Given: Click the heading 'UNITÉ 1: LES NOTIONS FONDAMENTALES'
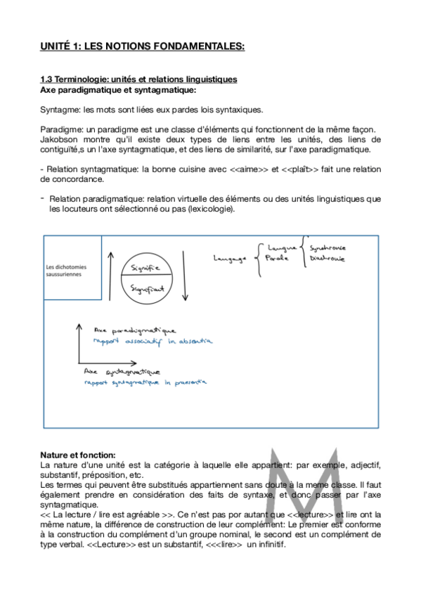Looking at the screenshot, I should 142,47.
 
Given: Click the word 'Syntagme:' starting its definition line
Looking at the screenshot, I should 58,109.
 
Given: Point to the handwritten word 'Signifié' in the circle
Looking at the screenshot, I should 146,268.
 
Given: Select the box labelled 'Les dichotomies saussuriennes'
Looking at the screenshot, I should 72,271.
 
